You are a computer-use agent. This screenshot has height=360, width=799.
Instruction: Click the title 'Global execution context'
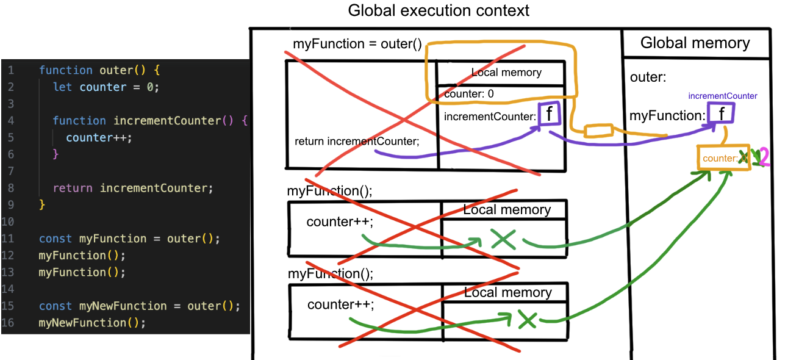pos(438,10)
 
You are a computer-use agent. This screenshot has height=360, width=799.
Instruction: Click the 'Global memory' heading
pos(695,43)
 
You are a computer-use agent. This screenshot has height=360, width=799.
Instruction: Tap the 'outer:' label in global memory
pos(648,77)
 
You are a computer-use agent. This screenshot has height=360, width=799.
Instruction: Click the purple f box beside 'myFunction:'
pos(722,113)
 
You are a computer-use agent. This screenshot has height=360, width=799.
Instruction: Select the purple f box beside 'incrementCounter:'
pos(548,114)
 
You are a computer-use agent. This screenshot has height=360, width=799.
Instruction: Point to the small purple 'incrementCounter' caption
pos(722,96)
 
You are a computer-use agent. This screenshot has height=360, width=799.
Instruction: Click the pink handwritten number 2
pos(763,158)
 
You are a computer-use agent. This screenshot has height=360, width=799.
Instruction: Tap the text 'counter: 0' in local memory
pos(468,95)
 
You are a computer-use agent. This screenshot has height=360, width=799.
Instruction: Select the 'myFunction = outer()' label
pos(357,44)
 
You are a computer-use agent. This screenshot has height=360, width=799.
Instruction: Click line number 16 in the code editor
pos(8,322)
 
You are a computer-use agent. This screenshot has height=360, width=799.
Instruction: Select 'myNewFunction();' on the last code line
pos(92,322)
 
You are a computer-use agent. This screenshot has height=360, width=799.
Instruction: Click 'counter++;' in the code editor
pos(99,137)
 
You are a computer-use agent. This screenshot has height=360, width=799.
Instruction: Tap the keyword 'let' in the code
pos(62,87)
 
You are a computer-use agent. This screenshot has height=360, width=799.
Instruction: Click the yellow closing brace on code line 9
pos(41,204)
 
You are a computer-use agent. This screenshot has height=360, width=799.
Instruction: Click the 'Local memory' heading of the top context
pos(506,73)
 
